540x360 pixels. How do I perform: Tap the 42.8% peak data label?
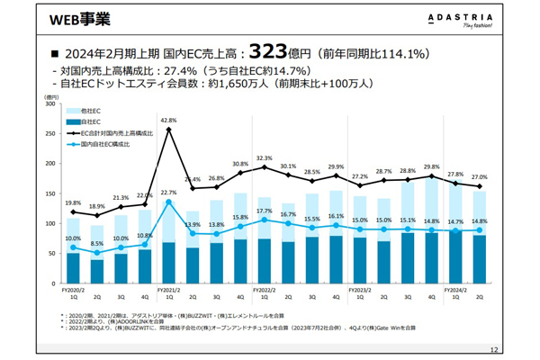pyautogui.click(x=167, y=120)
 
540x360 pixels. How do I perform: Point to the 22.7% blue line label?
pyautogui.click(x=168, y=193)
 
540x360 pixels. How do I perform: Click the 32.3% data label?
pyautogui.click(x=264, y=157)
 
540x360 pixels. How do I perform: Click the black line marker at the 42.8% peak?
pyautogui.click(x=168, y=129)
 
